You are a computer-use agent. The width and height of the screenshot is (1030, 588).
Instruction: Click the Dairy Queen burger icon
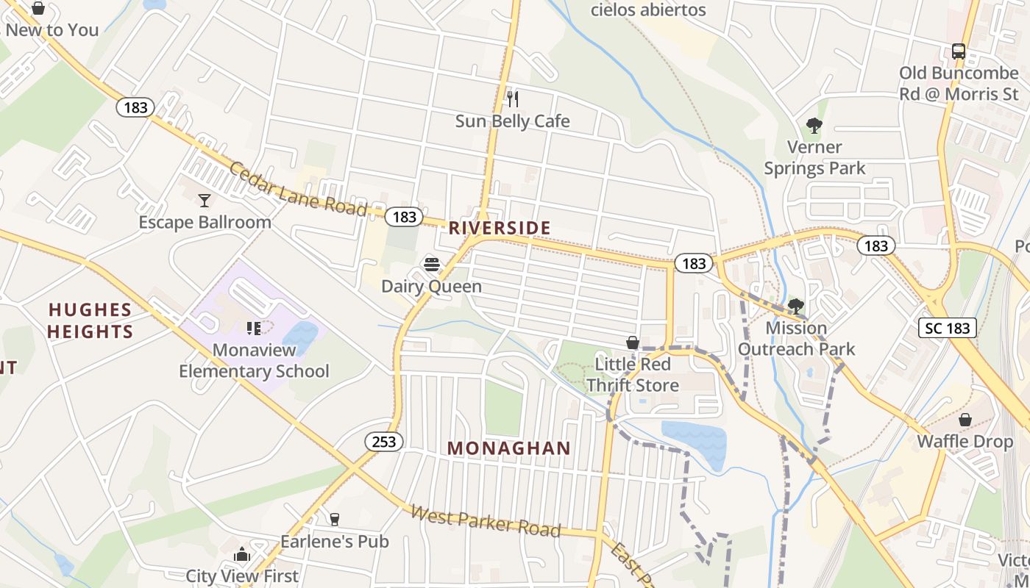coord(432,265)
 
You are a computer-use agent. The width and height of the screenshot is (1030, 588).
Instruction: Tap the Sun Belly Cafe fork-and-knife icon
coord(513,98)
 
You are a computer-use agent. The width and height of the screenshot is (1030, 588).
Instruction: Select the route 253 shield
coord(384,442)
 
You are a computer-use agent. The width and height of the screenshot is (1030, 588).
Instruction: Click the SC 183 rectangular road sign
coord(948,328)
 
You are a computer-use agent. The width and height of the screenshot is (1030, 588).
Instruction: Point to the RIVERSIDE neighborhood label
coord(500,228)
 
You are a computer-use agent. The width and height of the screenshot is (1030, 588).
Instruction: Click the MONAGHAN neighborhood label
coord(509,448)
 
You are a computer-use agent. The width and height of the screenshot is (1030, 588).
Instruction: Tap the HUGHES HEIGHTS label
coord(90,320)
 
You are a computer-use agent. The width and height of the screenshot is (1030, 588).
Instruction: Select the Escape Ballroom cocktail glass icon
coord(205,200)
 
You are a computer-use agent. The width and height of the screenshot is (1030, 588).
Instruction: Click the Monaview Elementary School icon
coord(254,328)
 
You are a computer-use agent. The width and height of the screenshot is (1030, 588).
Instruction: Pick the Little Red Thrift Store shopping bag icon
coord(632,343)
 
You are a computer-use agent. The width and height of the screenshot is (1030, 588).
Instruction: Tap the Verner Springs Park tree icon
coord(814,126)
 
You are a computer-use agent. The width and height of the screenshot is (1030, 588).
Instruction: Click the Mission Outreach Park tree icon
coord(795,306)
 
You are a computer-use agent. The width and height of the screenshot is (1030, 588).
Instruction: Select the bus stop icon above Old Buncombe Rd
coord(958,51)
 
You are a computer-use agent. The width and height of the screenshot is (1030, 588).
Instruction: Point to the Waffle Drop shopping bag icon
coord(965,420)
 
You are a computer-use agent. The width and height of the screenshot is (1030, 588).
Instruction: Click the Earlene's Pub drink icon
coord(335,520)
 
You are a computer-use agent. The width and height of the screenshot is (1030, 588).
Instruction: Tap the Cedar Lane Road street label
coord(298,189)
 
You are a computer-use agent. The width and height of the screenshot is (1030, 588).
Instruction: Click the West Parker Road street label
coord(486,520)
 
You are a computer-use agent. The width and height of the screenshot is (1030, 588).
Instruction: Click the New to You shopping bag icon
coord(38,9)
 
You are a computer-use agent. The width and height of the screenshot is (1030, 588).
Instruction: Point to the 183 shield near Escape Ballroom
coord(135,107)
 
